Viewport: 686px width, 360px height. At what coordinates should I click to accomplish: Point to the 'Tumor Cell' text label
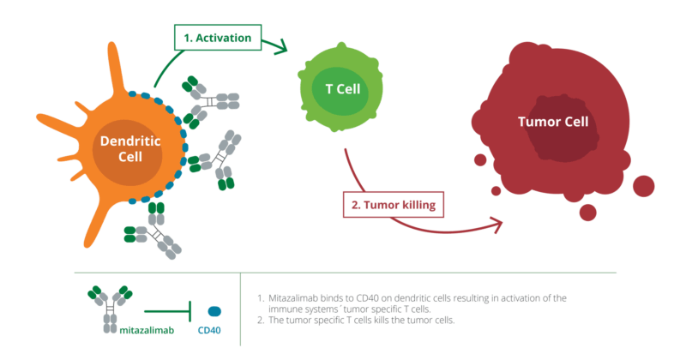553,122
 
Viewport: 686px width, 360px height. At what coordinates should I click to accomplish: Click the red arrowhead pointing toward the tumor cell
494,225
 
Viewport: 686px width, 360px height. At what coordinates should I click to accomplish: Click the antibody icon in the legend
108,307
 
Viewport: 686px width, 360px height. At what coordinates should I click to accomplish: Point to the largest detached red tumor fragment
643,185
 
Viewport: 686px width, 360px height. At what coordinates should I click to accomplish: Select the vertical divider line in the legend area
241,309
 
